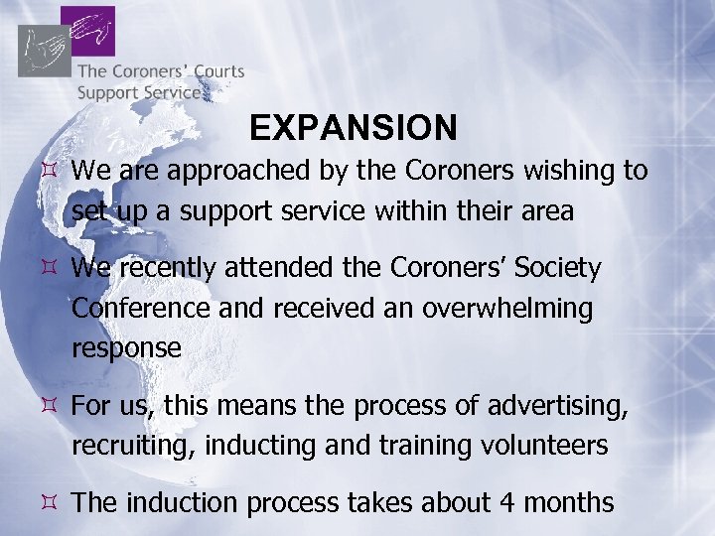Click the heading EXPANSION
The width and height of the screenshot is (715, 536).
354,127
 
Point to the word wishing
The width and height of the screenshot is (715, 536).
567,171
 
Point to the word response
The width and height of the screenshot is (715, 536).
126,348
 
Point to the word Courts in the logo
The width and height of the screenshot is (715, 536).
214,71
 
